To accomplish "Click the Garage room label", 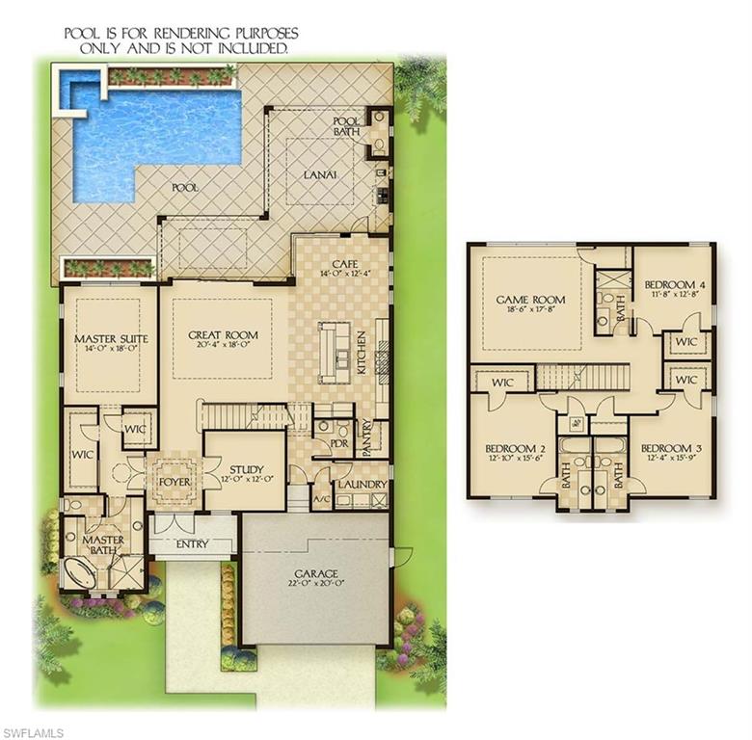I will [x=316, y=573].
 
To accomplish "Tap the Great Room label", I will [x=223, y=335].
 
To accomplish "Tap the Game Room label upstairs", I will [x=530, y=300].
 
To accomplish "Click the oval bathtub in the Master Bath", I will [x=80, y=572].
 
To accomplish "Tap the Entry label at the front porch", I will [x=192, y=544].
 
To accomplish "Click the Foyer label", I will [x=174, y=479].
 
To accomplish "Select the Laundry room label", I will [x=363, y=484].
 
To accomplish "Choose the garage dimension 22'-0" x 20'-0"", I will [x=316, y=584].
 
